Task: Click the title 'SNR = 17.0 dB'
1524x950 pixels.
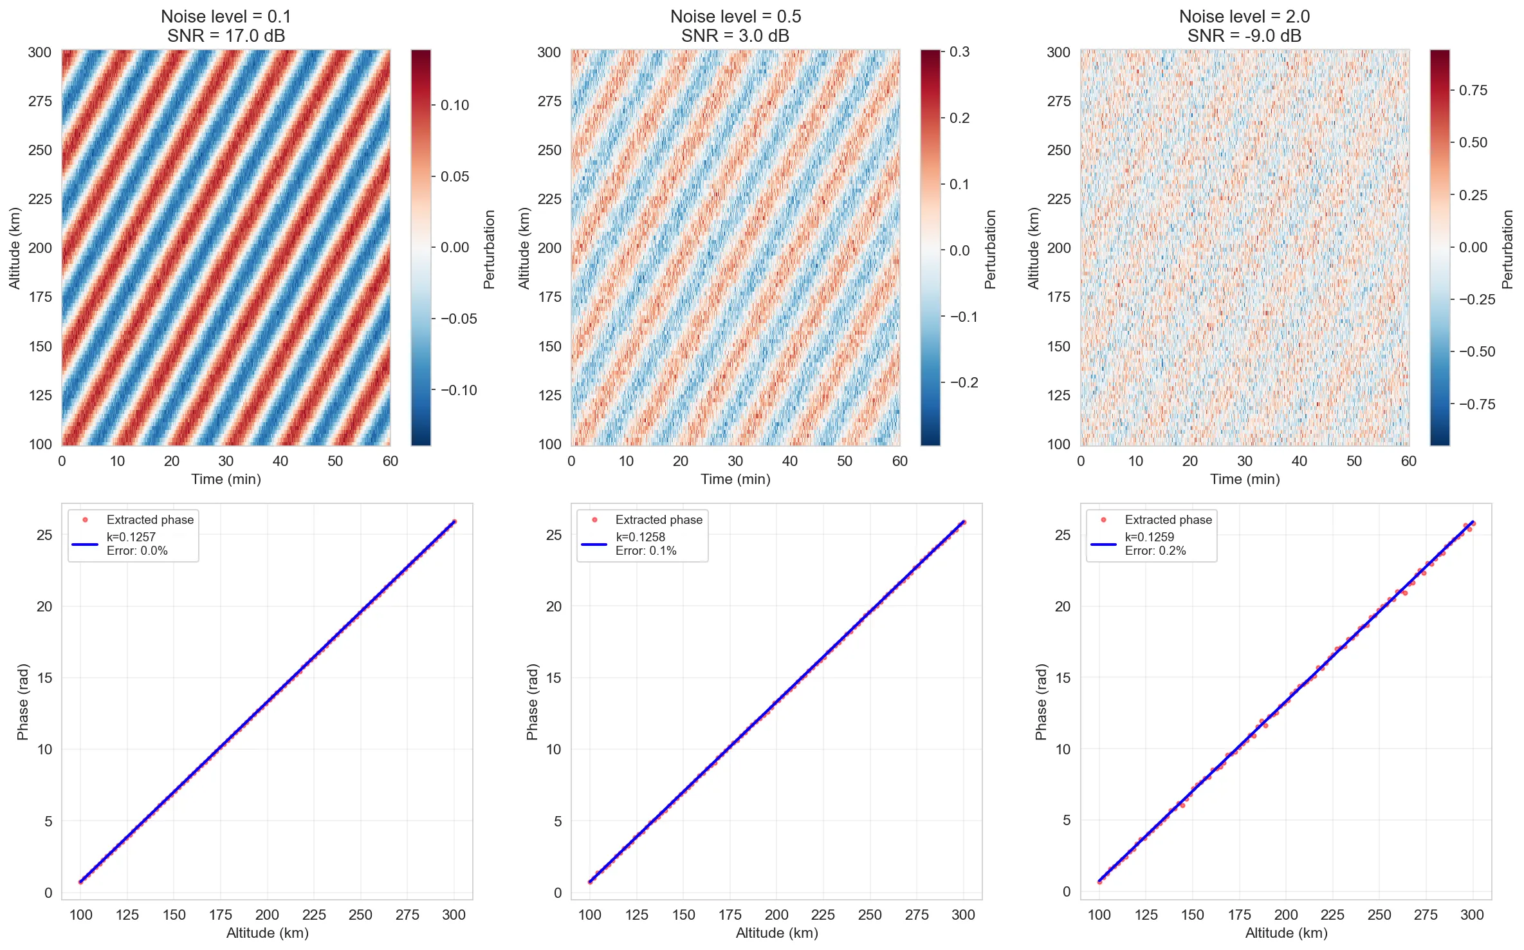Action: pyautogui.click(x=226, y=36)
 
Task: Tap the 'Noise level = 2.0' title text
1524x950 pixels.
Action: pyautogui.click(x=1244, y=16)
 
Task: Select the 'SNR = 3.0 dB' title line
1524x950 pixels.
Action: pyautogui.click(x=735, y=36)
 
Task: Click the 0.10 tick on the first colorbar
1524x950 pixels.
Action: pyautogui.click(x=454, y=105)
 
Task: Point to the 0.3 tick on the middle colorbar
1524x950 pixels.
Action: pyautogui.click(x=959, y=51)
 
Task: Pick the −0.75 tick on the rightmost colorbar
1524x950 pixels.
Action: pyautogui.click(x=1476, y=404)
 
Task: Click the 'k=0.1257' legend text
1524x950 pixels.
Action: pyautogui.click(x=131, y=537)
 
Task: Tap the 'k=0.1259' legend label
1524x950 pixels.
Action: pyautogui.click(x=1150, y=537)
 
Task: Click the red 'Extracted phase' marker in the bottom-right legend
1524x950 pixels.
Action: pyautogui.click(x=1103, y=519)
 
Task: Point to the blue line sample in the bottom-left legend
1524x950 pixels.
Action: pyautogui.click(x=84, y=545)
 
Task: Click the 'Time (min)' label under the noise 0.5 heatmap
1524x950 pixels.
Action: pyautogui.click(x=735, y=479)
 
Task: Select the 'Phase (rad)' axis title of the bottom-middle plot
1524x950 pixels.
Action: pyautogui.click(x=532, y=702)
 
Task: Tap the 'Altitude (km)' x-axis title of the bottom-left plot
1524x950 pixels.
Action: pyautogui.click(x=267, y=933)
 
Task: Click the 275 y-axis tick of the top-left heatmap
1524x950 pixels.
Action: pyautogui.click(x=40, y=101)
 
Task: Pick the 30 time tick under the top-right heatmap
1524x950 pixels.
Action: pyautogui.click(x=1244, y=461)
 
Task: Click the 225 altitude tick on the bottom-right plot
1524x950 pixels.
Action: pyautogui.click(x=1332, y=915)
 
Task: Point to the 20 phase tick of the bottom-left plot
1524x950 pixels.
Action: pyautogui.click(x=44, y=606)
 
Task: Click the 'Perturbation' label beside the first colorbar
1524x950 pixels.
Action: pyautogui.click(x=490, y=248)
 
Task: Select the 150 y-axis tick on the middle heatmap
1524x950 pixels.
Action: pyautogui.click(x=549, y=346)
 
